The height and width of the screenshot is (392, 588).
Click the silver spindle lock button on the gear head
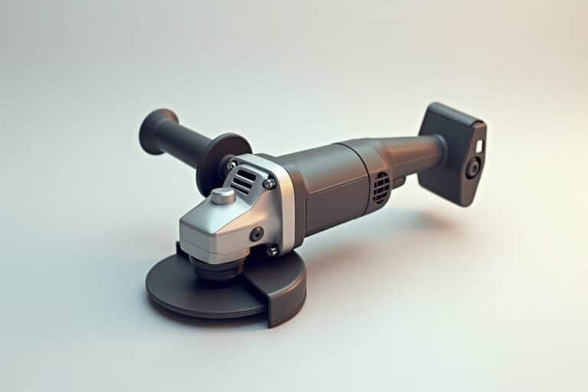223,196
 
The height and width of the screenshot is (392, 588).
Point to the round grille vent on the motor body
381,188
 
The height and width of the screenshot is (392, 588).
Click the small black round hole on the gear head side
256,234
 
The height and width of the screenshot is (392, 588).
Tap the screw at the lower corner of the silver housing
272,250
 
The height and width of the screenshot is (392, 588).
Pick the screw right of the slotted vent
269,184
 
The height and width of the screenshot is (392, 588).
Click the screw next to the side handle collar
232,165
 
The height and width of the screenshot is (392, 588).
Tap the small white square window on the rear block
479,145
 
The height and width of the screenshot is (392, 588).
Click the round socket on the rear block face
473,168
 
